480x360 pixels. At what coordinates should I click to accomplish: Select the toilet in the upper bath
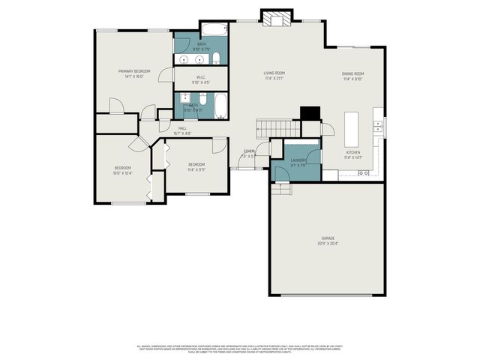coord(216,58)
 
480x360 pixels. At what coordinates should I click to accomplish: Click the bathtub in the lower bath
coord(220,106)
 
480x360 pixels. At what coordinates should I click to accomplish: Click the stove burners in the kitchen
coord(364,173)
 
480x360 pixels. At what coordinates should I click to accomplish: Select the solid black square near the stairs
coord(309,113)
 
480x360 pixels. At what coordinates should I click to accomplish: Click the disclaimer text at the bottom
coord(240,348)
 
